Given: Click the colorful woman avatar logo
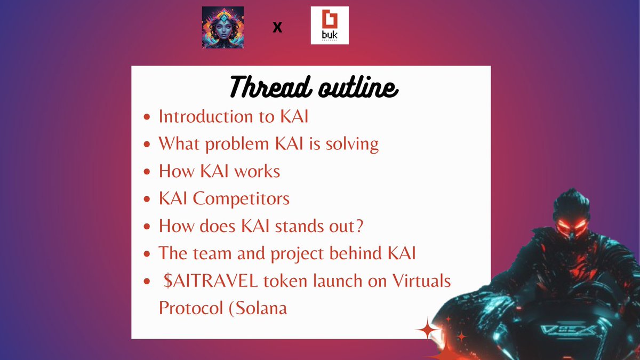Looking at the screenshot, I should (x=223, y=28).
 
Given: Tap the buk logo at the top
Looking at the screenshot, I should (x=330, y=26).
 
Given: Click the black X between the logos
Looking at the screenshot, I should (x=277, y=27).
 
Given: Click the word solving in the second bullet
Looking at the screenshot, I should (x=351, y=145).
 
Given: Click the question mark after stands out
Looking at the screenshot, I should (x=360, y=226).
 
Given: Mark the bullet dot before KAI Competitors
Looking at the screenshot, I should (x=148, y=200).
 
